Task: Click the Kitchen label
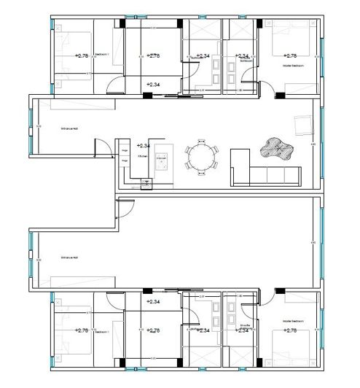pos(144,156)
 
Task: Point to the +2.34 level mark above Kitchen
pos(144,145)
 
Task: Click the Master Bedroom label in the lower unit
pos(293,319)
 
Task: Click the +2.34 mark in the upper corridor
pos(153,85)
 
